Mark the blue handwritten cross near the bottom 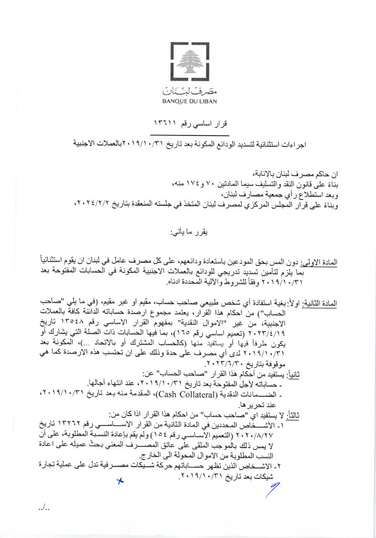coord(120,480)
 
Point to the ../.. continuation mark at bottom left coord(44,508)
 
